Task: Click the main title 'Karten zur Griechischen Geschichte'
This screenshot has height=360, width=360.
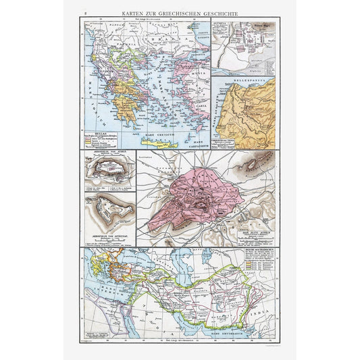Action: pyautogui.click(x=180, y=13)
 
